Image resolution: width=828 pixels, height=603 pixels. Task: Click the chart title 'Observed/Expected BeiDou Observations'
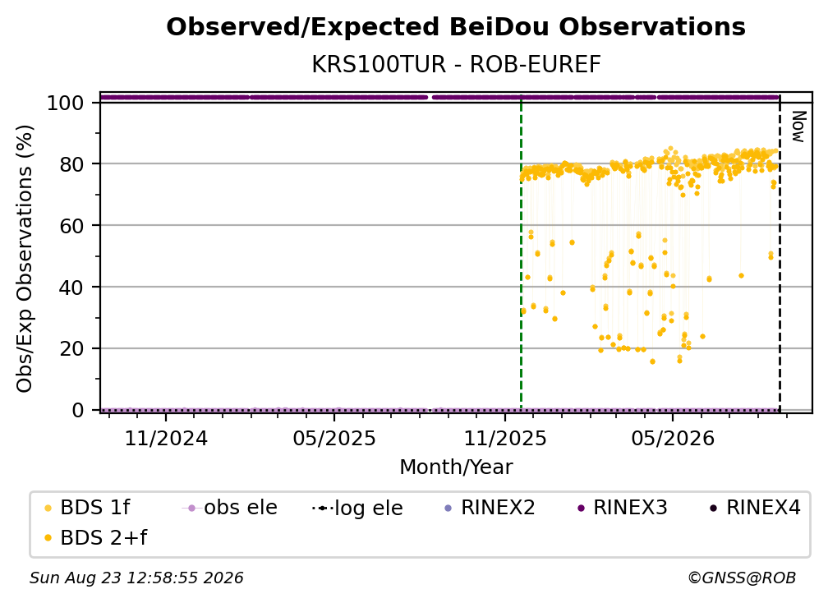[456, 27]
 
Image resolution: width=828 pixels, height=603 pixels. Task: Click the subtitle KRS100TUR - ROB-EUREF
[456, 65]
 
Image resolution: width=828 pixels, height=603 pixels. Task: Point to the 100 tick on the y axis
[66, 103]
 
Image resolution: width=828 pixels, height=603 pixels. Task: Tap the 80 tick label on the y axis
[71, 164]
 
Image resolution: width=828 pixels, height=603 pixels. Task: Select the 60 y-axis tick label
[71, 226]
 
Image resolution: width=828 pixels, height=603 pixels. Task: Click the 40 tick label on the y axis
[71, 288]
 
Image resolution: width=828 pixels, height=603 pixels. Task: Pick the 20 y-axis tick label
[71, 349]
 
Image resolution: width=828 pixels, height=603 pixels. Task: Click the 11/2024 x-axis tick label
[166, 439]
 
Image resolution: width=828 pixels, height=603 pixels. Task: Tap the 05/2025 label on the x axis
[334, 439]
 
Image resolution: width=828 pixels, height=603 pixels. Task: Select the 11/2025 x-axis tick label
[505, 439]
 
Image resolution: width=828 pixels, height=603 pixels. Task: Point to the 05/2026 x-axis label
[673, 439]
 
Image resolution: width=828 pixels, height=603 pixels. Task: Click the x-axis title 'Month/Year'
[456, 467]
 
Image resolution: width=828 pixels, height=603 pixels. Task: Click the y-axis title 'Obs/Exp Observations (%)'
[25, 258]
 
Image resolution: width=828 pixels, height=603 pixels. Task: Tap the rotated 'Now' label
[798, 127]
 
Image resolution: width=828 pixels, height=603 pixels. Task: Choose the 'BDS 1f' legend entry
[87, 508]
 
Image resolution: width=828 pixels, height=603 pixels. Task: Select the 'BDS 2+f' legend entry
[95, 538]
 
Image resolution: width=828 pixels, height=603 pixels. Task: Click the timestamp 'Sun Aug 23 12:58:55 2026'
[136, 578]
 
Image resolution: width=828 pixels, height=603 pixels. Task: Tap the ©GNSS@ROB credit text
[742, 578]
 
